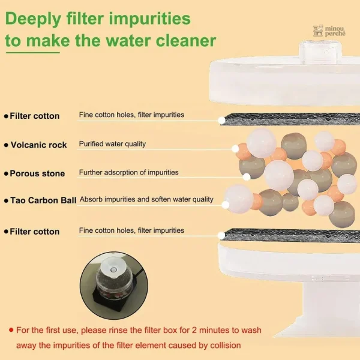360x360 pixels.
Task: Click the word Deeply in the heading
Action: [33, 19]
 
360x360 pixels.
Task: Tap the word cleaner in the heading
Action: [186, 41]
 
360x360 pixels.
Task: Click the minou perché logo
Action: [329, 31]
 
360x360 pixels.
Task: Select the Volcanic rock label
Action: [38, 145]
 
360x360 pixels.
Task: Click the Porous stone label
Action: [37, 173]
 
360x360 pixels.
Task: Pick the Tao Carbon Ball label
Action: [43, 200]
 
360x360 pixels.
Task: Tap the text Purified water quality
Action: [112, 144]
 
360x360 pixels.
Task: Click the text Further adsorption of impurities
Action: [128, 172]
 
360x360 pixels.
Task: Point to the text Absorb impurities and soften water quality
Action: [146, 199]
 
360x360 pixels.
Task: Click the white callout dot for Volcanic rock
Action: [235, 149]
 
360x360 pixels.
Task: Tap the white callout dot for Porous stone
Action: [247, 177]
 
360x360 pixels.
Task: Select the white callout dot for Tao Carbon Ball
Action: [226, 205]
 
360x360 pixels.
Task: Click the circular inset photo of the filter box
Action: [114, 286]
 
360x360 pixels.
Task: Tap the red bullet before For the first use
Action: [11, 330]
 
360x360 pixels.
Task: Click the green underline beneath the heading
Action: [33, 53]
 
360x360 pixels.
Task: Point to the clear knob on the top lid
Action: [320, 52]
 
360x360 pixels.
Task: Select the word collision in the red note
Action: [226, 346]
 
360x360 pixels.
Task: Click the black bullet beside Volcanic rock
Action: [6, 145]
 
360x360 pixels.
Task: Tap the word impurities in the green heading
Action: [149, 19]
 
